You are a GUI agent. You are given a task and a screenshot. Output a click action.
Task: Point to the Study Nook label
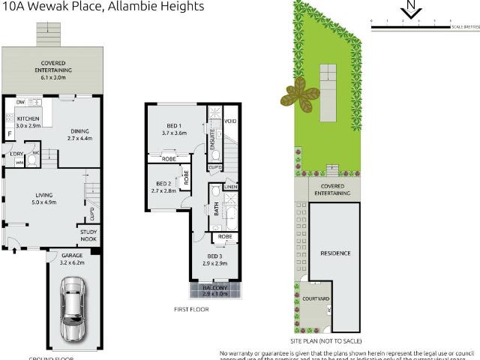88,236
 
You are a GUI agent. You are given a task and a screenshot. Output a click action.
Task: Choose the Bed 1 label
173,127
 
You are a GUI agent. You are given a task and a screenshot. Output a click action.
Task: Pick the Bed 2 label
164,187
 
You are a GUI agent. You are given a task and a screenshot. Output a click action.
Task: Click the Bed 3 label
214,259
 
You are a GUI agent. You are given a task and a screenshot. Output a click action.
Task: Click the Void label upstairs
230,121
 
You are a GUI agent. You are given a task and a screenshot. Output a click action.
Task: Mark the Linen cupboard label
230,187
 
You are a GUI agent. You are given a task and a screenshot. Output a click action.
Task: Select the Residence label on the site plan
335,253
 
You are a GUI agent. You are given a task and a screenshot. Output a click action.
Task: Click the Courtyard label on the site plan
316,298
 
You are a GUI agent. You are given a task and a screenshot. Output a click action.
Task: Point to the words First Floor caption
190,309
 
